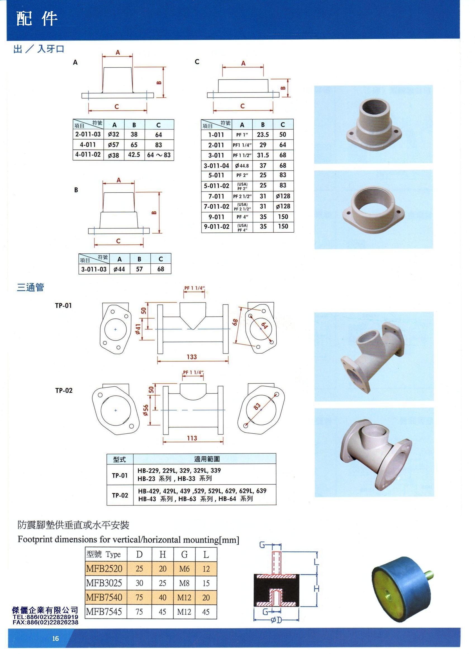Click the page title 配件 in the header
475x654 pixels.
coord(37,19)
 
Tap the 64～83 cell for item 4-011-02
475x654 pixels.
coord(159,155)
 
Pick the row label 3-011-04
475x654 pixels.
coord(216,166)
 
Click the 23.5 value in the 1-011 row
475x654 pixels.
coord(263,135)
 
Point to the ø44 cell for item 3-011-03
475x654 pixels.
coord(119,269)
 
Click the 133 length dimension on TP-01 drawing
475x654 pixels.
coord(191,357)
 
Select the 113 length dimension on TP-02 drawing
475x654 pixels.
coord(192,438)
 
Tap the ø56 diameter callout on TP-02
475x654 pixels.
coord(146,410)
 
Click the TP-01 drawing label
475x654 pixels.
coord(63,306)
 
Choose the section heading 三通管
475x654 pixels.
coord(30,287)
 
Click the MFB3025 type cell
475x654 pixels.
coord(104,583)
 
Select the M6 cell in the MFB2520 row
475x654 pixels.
coord(184,569)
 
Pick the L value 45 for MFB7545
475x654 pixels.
coord(206,611)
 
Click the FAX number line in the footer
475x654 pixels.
coord(46,622)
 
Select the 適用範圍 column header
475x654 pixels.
coord(207,459)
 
